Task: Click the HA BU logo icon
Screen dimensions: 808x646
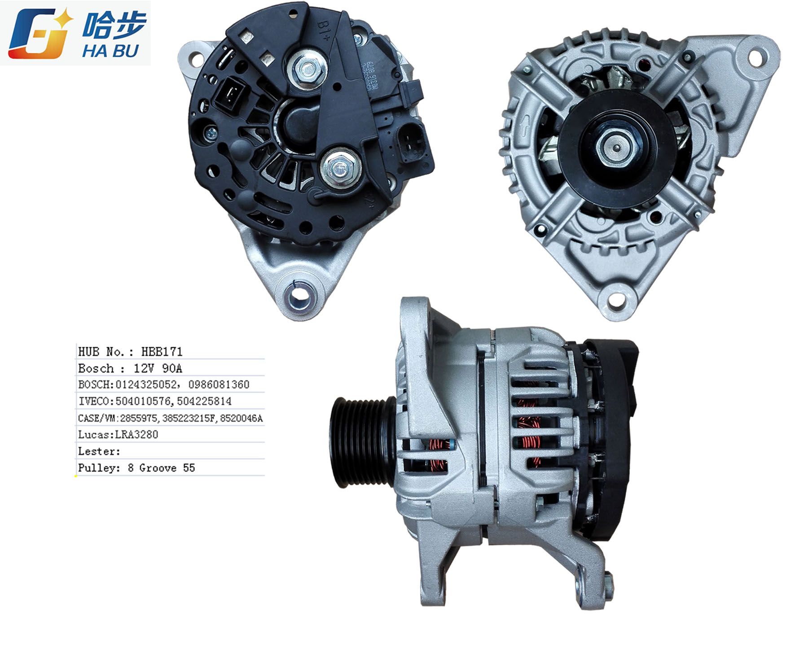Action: click(x=40, y=34)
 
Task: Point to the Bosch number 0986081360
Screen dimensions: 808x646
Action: click(x=219, y=384)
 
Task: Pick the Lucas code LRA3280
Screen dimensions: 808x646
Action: click(x=136, y=434)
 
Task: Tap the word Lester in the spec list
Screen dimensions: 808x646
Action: click(x=97, y=451)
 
